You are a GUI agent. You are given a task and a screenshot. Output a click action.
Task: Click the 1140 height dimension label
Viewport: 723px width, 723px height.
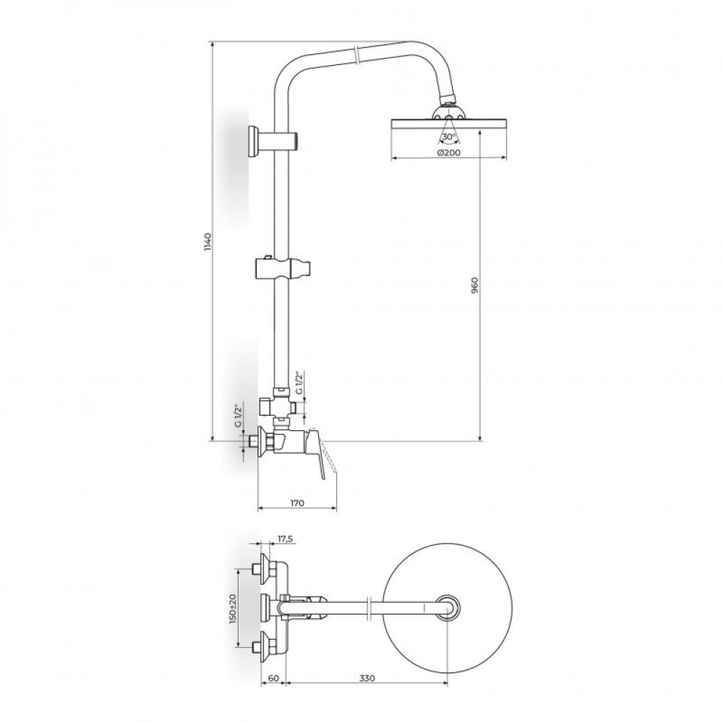208,241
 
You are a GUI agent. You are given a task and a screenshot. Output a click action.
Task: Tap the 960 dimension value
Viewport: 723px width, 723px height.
476,286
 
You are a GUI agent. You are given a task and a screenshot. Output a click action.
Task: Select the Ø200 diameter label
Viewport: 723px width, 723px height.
449,153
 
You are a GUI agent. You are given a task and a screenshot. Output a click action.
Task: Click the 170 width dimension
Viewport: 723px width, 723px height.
297,502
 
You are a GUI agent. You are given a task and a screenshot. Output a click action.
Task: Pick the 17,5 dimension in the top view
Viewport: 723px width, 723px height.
286,539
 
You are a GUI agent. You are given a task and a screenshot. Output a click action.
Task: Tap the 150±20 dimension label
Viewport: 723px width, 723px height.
232,609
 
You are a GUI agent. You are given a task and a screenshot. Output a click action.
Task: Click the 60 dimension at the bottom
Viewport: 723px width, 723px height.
273,678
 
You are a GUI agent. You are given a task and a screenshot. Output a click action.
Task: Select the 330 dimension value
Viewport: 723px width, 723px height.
367,678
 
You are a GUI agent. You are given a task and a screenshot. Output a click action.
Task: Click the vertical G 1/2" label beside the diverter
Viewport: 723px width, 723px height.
299,382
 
